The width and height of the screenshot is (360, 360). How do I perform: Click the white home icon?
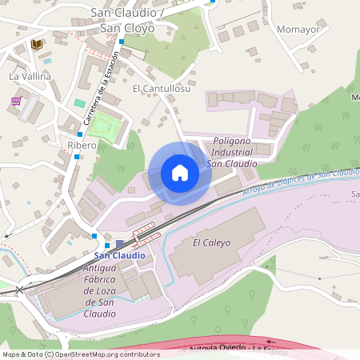(x=180, y=173)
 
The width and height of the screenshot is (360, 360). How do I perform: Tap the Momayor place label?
(x=298, y=30)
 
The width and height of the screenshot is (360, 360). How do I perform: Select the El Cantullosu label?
(x=162, y=89)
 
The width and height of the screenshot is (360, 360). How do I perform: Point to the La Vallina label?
(x=30, y=76)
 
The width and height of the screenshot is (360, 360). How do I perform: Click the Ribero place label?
(x=82, y=145)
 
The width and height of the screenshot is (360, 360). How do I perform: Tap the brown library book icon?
(x=36, y=44)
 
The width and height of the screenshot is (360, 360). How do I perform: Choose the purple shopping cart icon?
(x=16, y=101)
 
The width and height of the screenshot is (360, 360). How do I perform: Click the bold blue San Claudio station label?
(x=120, y=255)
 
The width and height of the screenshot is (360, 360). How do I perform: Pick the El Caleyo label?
(x=211, y=242)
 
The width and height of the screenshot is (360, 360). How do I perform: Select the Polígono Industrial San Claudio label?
(x=232, y=152)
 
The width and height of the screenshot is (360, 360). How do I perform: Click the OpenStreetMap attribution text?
(x=80, y=354)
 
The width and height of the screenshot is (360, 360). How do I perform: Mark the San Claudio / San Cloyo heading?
(x=127, y=20)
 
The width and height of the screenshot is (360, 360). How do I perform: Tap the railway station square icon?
(x=119, y=244)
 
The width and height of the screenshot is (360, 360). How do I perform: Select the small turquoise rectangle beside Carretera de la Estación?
(x=79, y=103)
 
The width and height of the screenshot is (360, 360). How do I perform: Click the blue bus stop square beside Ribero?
(x=77, y=156)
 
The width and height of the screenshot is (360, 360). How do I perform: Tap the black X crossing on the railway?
(x=20, y=288)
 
